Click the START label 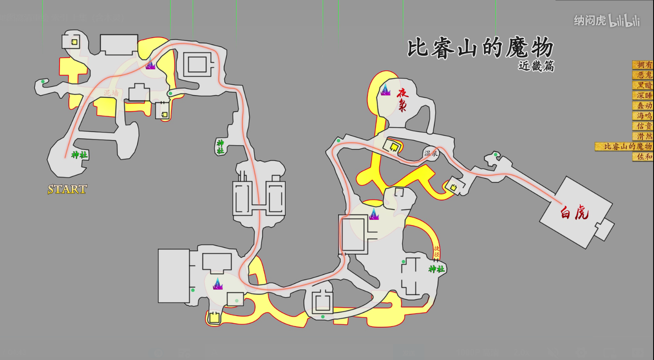pyautogui.click(x=67, y=189)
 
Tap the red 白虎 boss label pyautogui.click(x=575, y=212)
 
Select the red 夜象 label pyautogui.click(x=402, y=100)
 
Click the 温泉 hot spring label pyautogui.click(x=431, y=153)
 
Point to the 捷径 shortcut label pyautogui.click(x=436, y=252)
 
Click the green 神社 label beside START pyautogui.click(x=79, y=155)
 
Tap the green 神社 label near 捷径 pyautogui.click(x=436, y=269)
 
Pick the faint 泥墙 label pyautogui.click(x=110, y=93)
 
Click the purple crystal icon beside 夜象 pyautogui.click(x=385, y=89)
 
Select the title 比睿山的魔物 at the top pyautogui.click(x=480, y=48)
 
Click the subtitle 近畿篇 pyautogui.click(x=536, y=66)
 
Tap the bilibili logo pyautogui.click(x=624, y=20)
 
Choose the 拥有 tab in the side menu pyautogui.click(x=643, y=65)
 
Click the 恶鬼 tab pyautogui.click(x=643, y=75)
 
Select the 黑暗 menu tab pyautogui.click(x=643, y=85)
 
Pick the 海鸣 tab pyautogui.click(x=643, y=116)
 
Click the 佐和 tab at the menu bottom pyautogui.click(x=643, y=157)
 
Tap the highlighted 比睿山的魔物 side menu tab pyautogui.click(x=624, y=146)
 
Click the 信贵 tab pyautogui.click(x=643, y=126)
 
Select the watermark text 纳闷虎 pyautogui.click(x=590, y=21)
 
